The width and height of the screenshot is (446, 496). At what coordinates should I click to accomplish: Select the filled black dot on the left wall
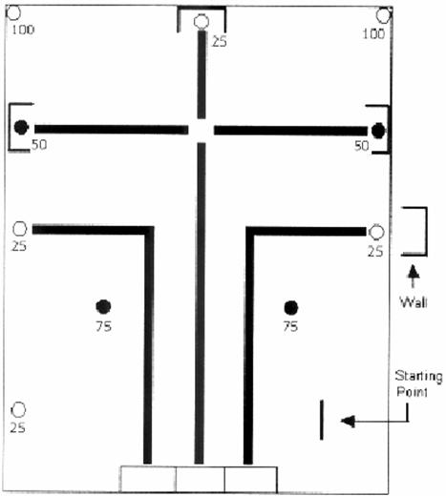21,127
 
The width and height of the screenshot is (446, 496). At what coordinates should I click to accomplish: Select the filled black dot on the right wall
378,131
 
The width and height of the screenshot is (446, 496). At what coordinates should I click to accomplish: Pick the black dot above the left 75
103,306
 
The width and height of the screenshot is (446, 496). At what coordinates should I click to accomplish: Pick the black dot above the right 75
291,307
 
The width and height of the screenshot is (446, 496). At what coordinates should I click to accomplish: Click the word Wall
414,302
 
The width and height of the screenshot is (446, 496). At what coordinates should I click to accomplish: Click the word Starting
419,377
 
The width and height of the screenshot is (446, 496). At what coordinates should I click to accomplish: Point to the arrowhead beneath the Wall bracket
414,273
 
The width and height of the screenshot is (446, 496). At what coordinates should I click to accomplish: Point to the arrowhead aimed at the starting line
348,422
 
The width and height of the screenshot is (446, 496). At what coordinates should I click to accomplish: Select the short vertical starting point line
322,420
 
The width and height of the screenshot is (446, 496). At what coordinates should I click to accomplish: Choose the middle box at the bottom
201,479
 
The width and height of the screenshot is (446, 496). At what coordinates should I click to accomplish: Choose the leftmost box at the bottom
148,479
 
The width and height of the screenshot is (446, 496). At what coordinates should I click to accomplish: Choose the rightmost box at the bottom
251,479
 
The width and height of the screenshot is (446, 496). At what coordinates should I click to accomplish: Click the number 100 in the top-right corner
373,33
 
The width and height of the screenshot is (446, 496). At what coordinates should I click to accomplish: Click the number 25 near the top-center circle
220,41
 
